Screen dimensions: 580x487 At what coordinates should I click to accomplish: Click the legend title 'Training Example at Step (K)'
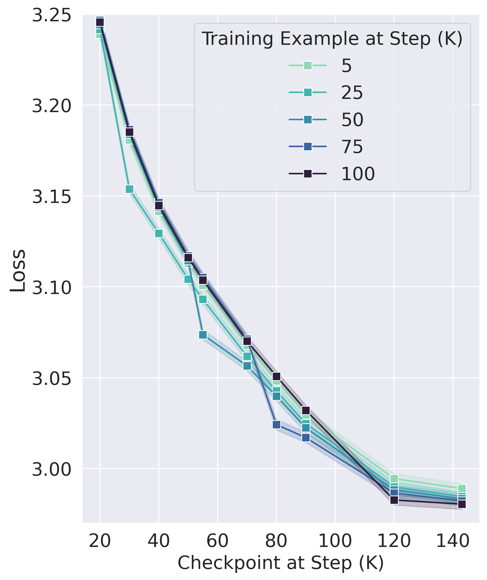coord(332,39)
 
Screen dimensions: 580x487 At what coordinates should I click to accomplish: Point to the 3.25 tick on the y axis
coord(52,15)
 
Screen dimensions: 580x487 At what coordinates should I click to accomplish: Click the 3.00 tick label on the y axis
coord(52,469)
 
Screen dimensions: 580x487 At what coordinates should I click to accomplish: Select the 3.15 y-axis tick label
coord(52,197)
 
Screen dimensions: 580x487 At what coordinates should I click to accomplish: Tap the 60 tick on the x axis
coord(217,541)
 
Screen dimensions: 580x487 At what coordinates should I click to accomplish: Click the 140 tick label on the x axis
coord(453,541)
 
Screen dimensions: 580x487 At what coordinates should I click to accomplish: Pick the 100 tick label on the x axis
coord(335,541)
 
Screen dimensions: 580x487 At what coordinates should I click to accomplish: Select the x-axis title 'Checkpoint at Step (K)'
coord(281,563)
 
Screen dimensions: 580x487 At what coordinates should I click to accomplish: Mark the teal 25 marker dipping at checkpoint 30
coord(129,189)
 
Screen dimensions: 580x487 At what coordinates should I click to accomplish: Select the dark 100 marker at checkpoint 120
coord(394,500)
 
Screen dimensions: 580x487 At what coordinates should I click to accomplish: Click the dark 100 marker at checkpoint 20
coord(100,22)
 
